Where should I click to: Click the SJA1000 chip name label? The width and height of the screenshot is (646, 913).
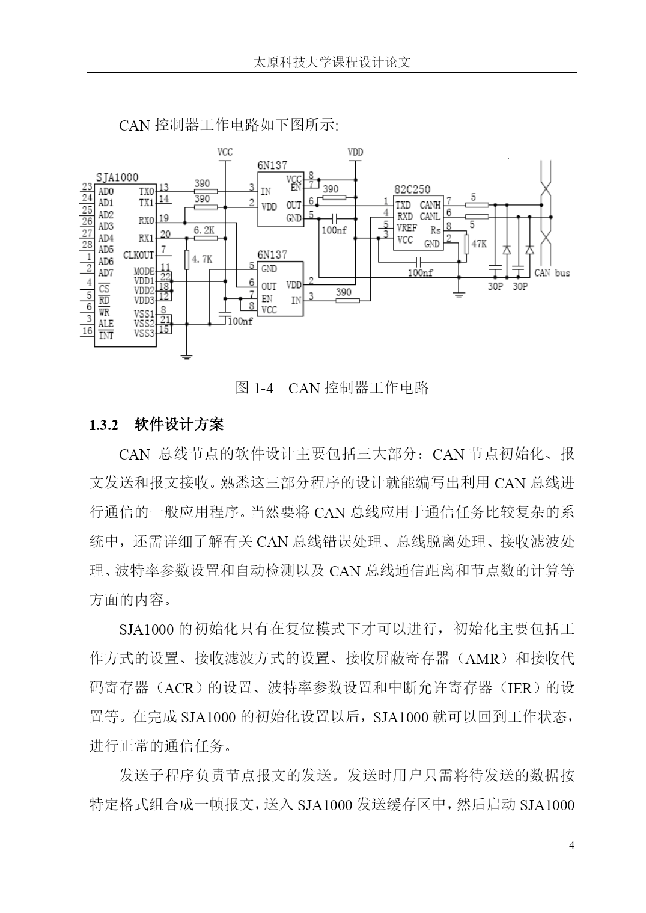(117, 177)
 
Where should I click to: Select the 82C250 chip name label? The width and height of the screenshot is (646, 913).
(412, 189)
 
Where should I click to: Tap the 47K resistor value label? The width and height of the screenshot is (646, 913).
(479, 244)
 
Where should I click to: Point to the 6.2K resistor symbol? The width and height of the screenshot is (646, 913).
(206, 238)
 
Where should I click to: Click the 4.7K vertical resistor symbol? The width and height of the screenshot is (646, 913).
(187, 260)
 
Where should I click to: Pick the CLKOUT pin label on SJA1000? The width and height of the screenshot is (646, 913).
(138, 255)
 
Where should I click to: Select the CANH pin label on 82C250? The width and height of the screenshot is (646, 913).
(430, 206)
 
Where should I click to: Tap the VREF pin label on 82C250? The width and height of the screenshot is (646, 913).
(406, 228)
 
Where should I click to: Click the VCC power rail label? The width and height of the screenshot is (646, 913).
(225, 152)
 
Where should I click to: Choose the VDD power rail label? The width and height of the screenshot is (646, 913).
(355, 152)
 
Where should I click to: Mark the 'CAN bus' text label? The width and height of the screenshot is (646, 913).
(552, 273)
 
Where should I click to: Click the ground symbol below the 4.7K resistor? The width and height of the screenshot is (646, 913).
(187, 357)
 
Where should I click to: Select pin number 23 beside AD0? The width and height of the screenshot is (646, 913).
(87, 186)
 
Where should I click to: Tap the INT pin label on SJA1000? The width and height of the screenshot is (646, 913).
(106, 336)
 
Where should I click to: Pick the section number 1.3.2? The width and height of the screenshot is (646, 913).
(104, 425)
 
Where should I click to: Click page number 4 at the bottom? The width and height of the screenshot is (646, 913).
(571, 845)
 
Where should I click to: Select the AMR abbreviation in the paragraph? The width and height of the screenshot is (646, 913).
(483, 659)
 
